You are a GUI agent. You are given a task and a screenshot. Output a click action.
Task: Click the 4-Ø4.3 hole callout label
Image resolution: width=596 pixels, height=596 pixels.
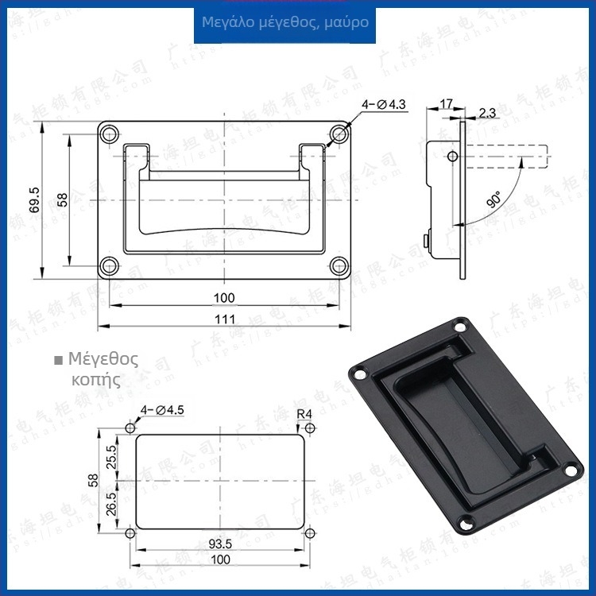pos(384,104)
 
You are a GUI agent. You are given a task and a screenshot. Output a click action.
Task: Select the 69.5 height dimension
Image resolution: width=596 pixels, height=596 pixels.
pos(33,202)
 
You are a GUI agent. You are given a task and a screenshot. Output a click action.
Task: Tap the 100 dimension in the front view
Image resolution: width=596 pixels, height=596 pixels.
pos(224,298)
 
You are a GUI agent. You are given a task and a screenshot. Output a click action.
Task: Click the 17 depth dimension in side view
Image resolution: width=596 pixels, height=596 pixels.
pos(445,103)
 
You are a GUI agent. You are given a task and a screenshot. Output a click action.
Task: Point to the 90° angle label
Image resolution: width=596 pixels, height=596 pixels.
pos(493,199)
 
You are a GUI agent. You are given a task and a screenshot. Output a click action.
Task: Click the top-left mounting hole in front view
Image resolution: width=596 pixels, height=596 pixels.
pos(109,133)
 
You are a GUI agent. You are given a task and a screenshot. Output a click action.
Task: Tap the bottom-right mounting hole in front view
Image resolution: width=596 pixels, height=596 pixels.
pos(339,266)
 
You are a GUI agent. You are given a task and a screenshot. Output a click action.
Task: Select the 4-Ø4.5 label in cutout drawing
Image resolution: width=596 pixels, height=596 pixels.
pos(162,409)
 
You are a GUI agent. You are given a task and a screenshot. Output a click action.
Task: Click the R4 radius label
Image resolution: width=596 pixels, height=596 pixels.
pos(304,413)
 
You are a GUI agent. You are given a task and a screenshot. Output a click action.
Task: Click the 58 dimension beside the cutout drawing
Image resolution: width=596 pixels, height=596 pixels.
pos(93,480)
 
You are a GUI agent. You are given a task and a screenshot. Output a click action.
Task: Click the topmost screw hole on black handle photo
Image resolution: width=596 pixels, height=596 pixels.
pos(459,327)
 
